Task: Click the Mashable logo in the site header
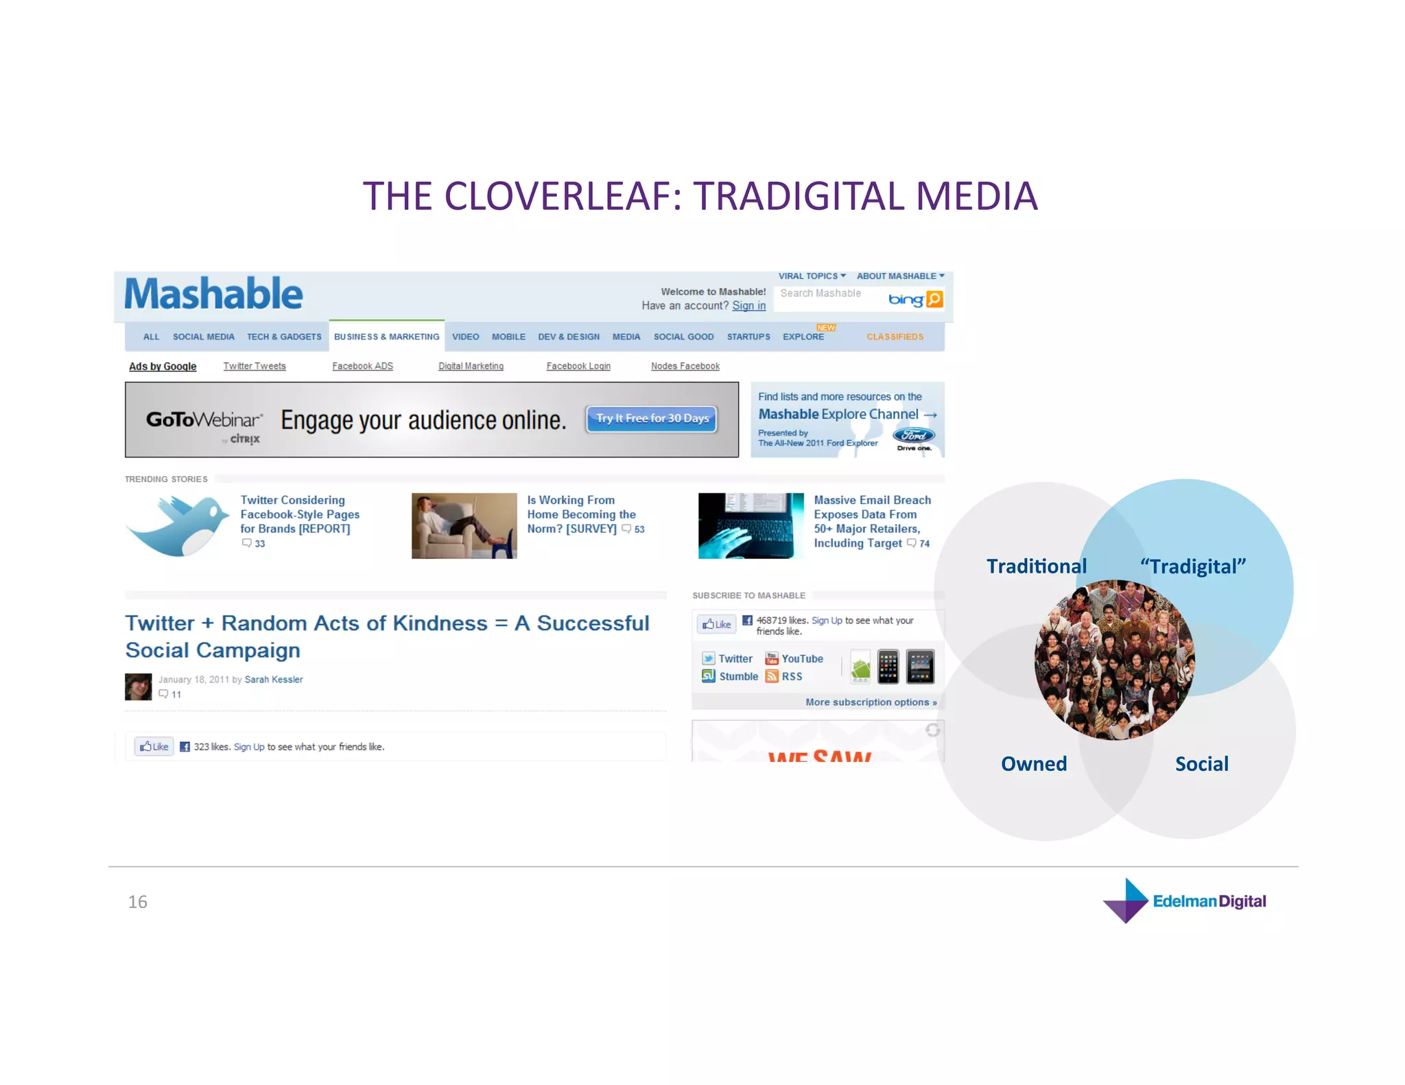point(213,294)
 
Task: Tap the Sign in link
point(748,306)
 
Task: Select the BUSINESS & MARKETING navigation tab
point(386,337)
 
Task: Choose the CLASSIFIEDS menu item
point(895,337)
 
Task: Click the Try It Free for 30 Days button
point(652,418)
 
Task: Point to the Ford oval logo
point(913,436)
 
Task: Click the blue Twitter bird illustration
point(179,525)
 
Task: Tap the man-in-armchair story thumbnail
point(464,525)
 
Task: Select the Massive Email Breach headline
point(871,521)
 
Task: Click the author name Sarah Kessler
point(274,680)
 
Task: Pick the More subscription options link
point(871,702)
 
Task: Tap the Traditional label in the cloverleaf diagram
point(1036,567)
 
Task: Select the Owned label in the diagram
point(1034,764)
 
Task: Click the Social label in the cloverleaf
point(1201,764)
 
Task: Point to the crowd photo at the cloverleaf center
point(1114,660)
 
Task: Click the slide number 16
point(137,902)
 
